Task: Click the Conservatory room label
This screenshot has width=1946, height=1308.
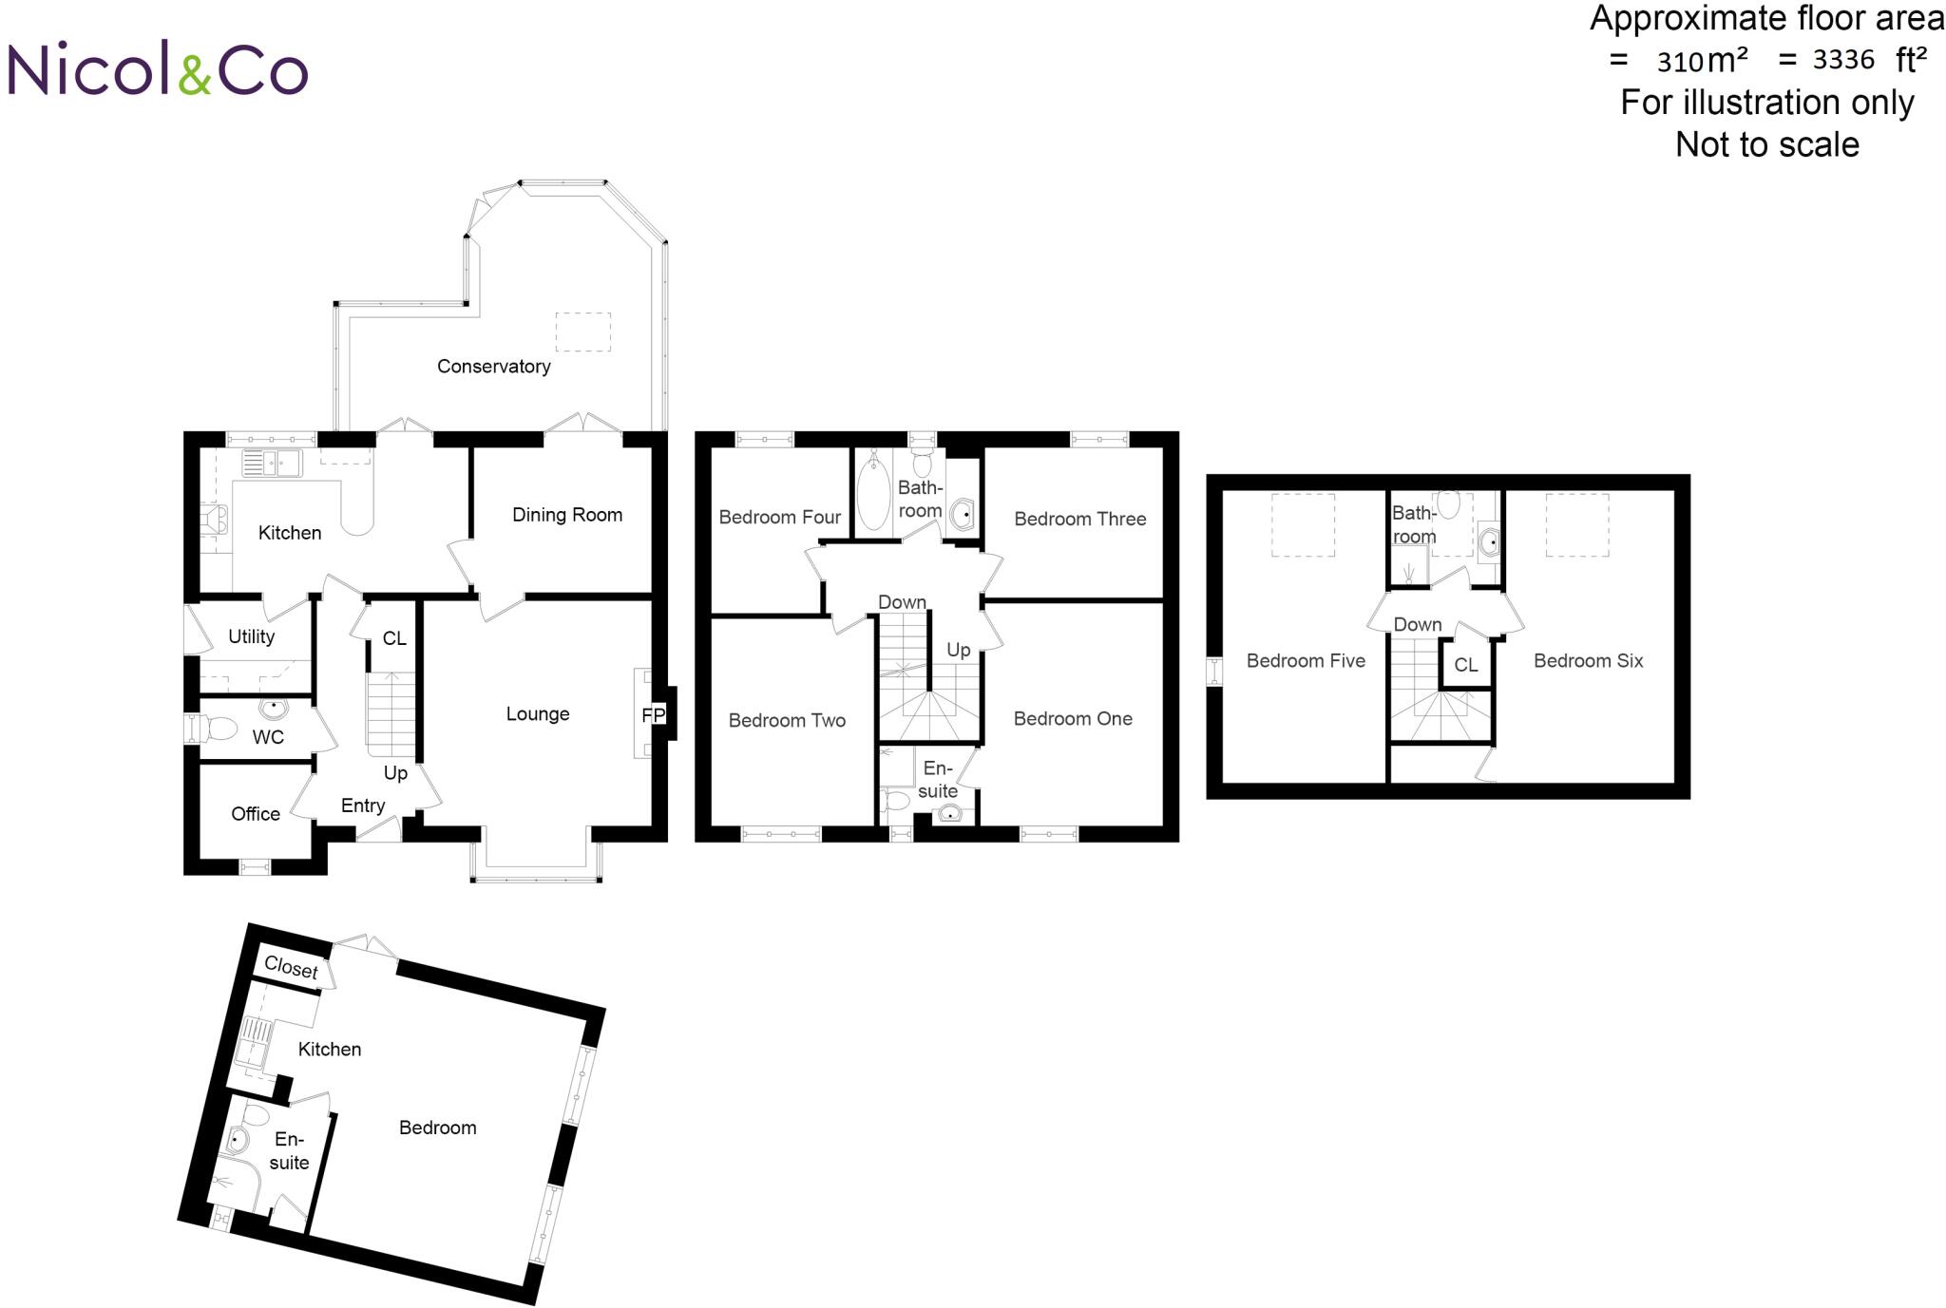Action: tap(493, 367)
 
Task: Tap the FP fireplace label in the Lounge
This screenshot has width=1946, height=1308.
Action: tap(654, 715)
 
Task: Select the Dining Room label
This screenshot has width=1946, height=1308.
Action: tap(567, 515)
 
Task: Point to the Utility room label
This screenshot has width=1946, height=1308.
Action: tap(251, 636)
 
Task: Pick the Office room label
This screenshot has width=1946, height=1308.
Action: tap(256, 814)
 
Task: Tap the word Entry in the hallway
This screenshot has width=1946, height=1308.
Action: tap(363, 806)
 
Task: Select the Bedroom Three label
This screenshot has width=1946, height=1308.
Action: tap(1079, 519)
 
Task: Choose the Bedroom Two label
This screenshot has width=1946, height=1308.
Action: tap(787, 721)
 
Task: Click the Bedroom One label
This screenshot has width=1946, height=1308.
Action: tap(1073, 719)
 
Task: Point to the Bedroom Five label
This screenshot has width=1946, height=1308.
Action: tap(1306, 661)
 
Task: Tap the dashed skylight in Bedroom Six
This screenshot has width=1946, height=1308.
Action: tap(1576, 524)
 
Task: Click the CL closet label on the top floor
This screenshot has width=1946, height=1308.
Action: tap(1466, 665)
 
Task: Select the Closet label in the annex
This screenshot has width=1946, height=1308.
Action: tap(291, 968)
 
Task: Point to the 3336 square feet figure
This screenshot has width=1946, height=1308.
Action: tap(1843, 61)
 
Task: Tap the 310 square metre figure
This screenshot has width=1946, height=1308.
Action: tap(1680, 63)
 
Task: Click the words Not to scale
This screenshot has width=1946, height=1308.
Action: tap(1766, 145)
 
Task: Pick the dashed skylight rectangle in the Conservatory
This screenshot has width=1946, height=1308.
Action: tap(582, 332)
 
